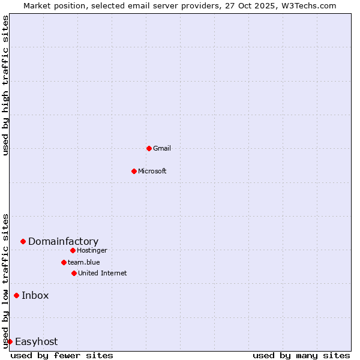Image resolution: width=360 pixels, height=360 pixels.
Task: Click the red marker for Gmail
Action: (x=149, y=148)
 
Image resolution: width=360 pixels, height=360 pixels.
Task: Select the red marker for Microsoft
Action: (x=134, y=171)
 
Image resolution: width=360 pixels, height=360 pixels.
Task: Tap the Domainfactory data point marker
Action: (x=23, y=241)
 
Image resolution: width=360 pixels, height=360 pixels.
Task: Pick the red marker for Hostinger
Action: (x=73, y=250)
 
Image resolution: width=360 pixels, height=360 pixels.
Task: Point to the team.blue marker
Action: (x=64, y=262)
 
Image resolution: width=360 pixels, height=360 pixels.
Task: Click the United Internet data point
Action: (x=74, y=273)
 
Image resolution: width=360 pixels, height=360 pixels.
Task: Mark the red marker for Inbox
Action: (x=16, y=295)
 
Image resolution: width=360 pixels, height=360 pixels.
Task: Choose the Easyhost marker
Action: (x=10, y=341)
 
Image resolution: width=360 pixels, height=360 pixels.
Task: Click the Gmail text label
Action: (x=162, y=148)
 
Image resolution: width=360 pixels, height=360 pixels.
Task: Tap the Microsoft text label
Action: (x=152, y=171)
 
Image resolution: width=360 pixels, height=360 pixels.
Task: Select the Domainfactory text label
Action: (x=63, y=242)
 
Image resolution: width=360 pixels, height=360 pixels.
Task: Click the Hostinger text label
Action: (x=92, y=250)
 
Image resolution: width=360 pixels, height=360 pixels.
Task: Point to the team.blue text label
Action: (x=84, y=262)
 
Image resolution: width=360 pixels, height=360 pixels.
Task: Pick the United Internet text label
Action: (x=103, y=273)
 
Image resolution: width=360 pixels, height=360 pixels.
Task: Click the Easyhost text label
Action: (x=36, y=342)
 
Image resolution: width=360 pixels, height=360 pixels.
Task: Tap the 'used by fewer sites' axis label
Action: (x=62, y=355)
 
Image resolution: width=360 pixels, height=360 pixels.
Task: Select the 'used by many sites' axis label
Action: (x=301, y=355)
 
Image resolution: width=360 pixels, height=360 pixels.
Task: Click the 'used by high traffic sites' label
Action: (x=6, y=85)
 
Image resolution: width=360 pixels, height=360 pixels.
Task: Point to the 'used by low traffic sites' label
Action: (x=6, y=280)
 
